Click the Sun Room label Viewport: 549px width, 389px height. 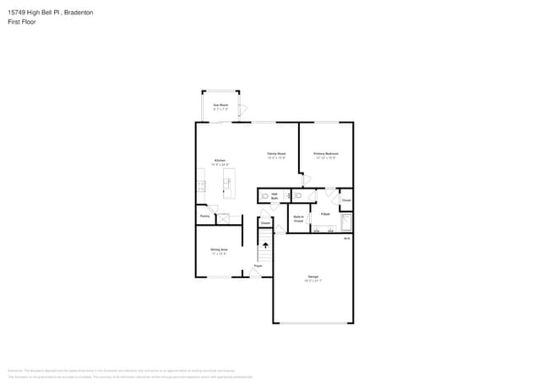click(220, 107)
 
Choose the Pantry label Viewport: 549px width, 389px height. click(204, 216)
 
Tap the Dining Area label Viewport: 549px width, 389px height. click(219, 251)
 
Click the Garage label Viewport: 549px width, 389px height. click(313, 278)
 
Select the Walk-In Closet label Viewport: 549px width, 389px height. click(298, 218)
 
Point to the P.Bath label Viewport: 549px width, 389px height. click(325, 215)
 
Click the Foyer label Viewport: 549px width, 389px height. click(258, 266)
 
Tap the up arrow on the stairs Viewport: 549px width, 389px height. click(264, 246)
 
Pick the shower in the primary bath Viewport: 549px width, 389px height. click(345, 222)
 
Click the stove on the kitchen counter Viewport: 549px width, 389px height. click(200, 185)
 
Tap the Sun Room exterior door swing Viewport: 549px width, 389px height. click(243, 110)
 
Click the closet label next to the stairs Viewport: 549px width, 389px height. click(265, 223)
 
